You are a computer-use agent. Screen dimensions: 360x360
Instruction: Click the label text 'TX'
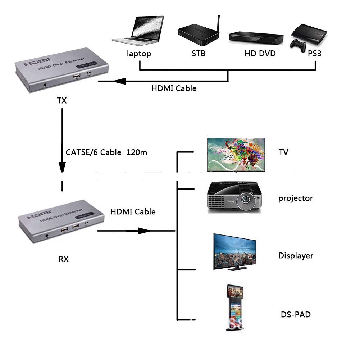click(x=62, y=100)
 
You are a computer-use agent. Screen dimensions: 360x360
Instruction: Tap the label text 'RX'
click(x=63, y=259)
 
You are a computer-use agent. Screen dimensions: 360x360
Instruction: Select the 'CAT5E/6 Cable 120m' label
click(x=106, y=152)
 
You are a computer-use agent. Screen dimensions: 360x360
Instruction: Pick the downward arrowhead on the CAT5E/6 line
click(x=62, y=167)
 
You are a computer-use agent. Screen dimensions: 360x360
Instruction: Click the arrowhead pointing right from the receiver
click(x=144, y=231)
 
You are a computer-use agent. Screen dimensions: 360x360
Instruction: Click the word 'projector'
click(x=295, y=198)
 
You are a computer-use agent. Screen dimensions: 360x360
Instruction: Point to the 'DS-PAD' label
click(x=295, y=315)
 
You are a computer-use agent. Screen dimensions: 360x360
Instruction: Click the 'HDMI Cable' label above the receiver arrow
click(x=133, y=212)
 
